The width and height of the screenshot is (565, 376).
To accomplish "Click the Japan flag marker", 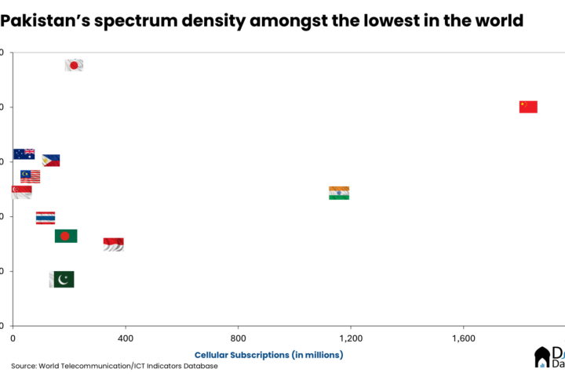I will click(x=74, y=65).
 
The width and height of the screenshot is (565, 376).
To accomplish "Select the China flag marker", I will click(x=528, y=107).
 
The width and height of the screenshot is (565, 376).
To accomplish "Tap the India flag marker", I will click(x=339, y=193).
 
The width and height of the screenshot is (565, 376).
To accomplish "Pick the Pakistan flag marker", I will click(x=62, y=280).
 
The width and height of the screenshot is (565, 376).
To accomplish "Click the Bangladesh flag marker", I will click(x=66, y=236).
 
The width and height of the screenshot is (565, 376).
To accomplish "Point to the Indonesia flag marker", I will click(x=114, y=244).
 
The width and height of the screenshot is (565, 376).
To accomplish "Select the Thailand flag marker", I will click(x=46, y=218).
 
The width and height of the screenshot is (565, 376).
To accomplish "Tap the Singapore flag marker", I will click(x=21, y=192).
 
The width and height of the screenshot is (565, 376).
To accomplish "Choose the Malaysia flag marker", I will click(x=31, y=176).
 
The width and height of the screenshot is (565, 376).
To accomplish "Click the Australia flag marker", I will click(x=24, y=154).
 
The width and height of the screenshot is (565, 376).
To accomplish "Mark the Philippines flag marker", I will click(x=51, y=160).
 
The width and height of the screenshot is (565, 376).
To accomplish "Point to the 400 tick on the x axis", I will click(x=125, y=338).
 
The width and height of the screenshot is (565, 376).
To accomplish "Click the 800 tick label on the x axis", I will click(x=238, y=338).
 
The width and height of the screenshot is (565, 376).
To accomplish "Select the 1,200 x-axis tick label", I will click(x=351, y=338).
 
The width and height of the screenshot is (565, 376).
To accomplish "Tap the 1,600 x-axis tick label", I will click(x=463, y=338).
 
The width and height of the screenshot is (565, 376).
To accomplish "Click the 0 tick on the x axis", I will click(x=13, y=338).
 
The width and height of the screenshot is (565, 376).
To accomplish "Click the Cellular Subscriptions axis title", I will click(x=268, y=355).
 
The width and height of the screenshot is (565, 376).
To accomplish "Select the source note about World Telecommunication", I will click(x=114, y=366).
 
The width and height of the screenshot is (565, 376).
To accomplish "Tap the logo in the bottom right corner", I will click(x=549, y=357).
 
